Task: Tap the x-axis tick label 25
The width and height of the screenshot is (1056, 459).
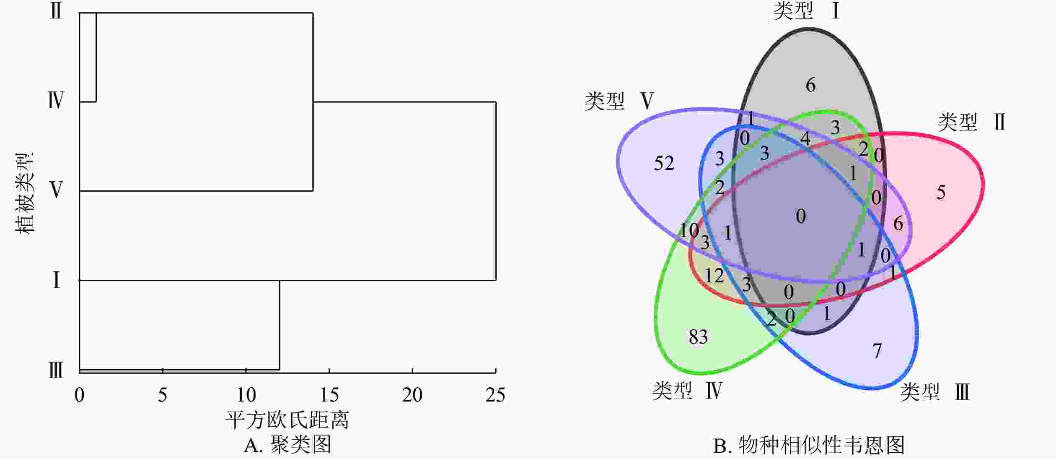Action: [x=495, y=395]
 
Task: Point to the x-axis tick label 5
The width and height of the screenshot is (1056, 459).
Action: [x=163, y=395]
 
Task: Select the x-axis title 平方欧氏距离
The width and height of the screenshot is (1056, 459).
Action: [x=287, y=420]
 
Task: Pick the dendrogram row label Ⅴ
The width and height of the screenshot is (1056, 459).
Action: [x=56, y=190]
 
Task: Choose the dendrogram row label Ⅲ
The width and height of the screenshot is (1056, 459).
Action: [x=56, y=371]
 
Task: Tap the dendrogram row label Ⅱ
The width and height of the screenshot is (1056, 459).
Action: [x=56, y=10]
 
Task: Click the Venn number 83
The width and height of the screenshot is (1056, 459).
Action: [x=698, y=337]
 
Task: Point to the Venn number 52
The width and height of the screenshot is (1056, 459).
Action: [x=664, y=163]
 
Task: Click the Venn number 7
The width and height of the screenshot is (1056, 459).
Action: [x=877, y=351]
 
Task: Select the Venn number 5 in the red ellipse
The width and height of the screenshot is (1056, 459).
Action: [x=941, y=193]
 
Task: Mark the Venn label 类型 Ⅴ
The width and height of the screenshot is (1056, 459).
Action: [x=619, y=101]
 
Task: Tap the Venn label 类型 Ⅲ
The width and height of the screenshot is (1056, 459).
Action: [x=935, y=392]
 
